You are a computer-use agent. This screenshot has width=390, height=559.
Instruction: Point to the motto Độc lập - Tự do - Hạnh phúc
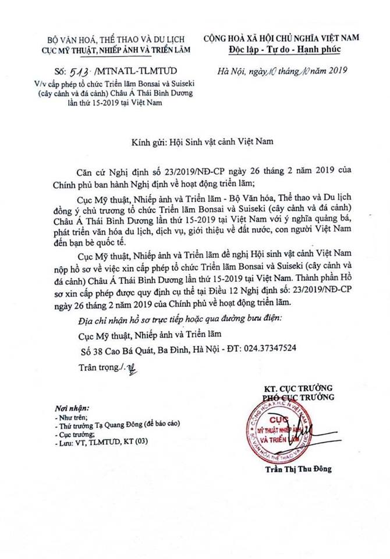(281, 48)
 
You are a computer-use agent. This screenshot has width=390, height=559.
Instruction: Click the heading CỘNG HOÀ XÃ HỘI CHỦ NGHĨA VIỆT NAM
(281, 37)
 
